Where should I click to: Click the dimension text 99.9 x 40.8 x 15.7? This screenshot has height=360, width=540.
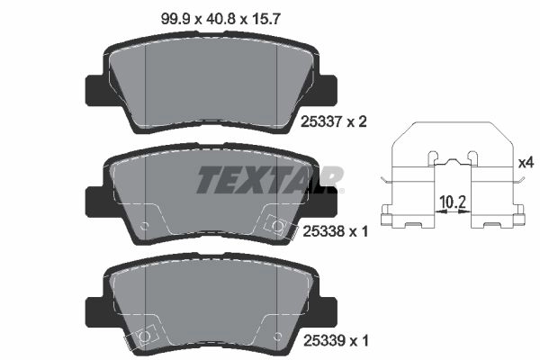click(x=220, y=19)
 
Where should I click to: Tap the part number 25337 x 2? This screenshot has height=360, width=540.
click(x=334, y=121)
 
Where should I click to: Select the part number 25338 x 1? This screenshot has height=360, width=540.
click(x=335, y=231)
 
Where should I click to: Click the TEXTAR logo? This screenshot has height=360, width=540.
click(x=270, y=179)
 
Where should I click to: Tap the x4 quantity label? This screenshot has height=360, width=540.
click(x=526, y=162)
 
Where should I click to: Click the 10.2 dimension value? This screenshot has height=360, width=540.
click(x=453, y=202)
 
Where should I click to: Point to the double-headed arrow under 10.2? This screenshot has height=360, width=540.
click(x=453, y=211)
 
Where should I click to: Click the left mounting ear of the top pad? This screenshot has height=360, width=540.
click(x=94, y=90)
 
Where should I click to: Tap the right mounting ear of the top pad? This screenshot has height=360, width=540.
click(x=328, y=90)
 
